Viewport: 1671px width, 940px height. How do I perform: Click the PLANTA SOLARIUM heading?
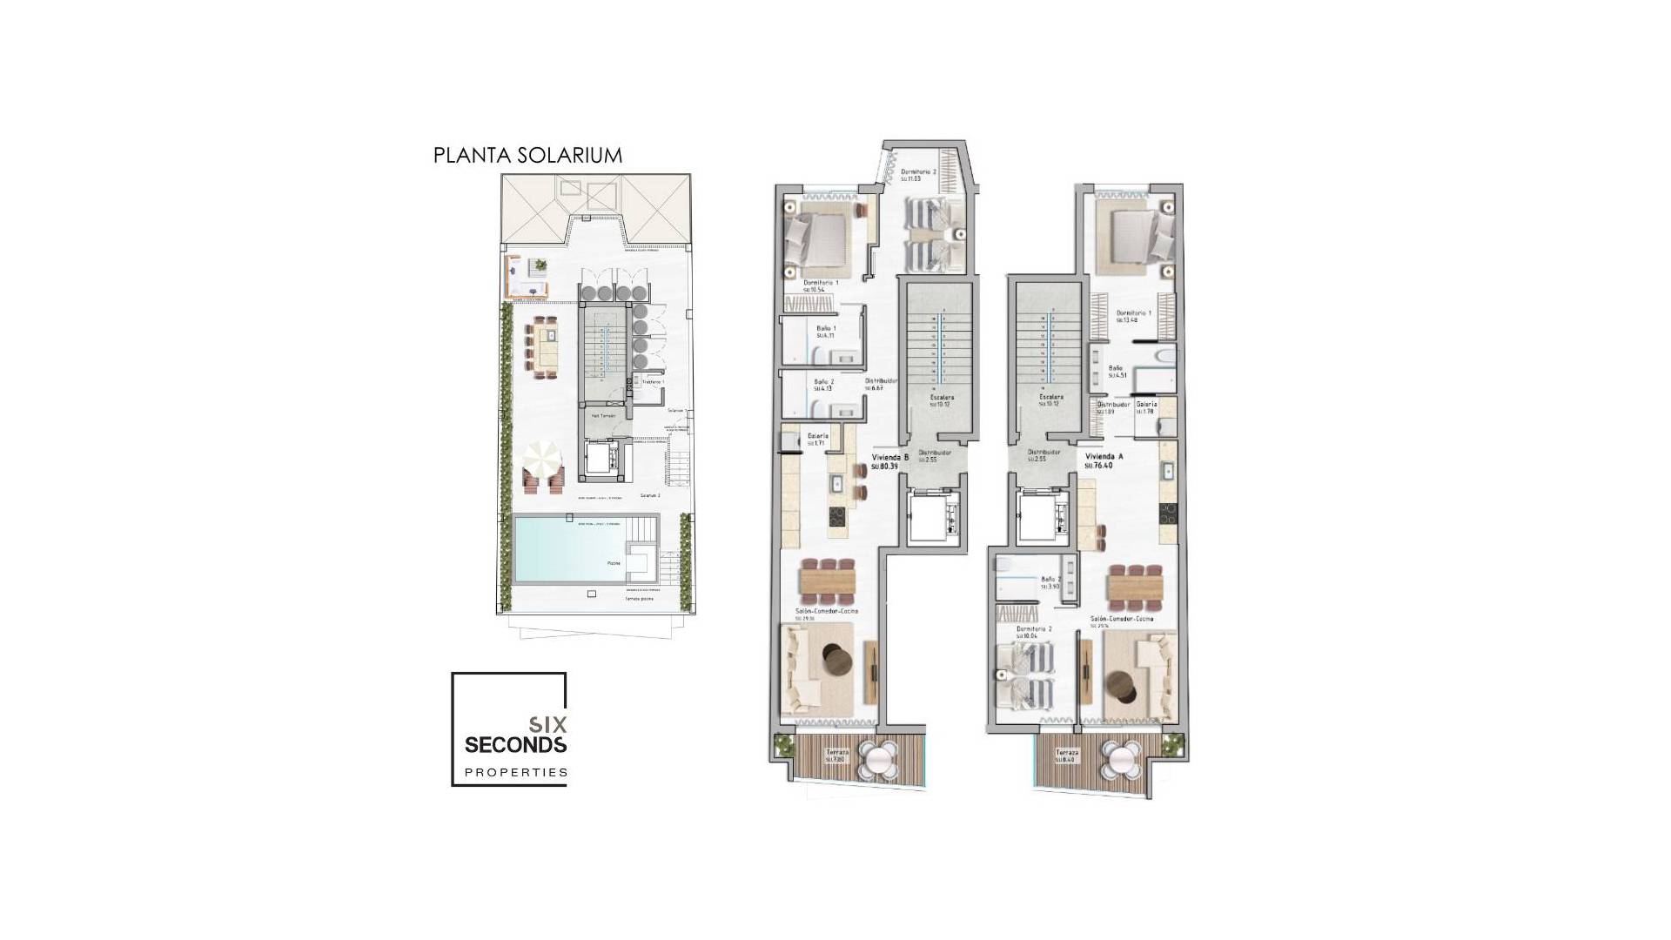[x=527, y=156]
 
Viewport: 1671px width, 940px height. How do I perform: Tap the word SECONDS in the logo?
[x=515, y=745]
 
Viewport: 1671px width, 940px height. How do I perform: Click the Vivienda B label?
[x=890, y=458]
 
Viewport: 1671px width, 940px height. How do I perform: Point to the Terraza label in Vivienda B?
[x=836, y=751]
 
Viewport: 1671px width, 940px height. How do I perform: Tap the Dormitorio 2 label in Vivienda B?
[x=918, y=172]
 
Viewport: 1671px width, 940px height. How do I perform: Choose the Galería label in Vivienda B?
[x=817, y=436]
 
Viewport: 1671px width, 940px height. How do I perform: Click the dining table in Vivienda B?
[x=829, y=579]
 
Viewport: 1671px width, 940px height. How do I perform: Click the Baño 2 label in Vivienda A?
[x=1050, y=579]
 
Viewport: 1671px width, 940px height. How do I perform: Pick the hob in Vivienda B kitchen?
[x=836, y=517]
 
